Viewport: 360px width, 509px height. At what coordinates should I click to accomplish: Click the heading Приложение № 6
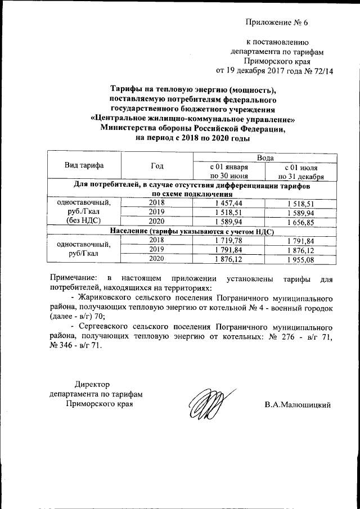(277, 22)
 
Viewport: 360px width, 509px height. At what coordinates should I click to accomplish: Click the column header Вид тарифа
(84, 165)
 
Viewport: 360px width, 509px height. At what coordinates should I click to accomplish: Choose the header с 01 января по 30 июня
(228, 171)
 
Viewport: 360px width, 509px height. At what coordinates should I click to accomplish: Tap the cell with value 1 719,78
(228, 241)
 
